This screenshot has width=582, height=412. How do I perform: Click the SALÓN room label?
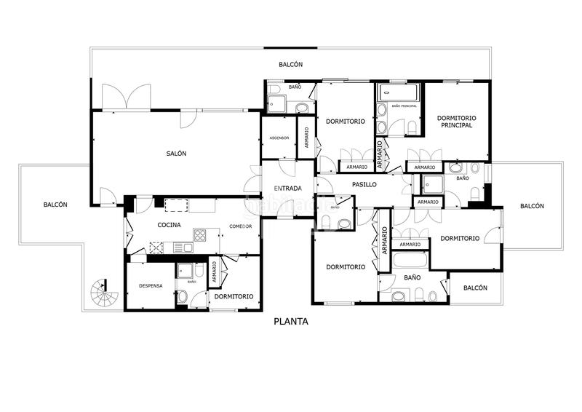click(176, 154)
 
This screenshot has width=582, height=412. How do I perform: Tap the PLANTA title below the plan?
click(291, 321)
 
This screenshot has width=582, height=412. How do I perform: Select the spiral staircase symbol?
click(104, 294)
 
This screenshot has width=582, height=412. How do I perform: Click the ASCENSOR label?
click(279, 138)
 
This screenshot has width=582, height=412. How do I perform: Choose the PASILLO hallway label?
click(364, 185)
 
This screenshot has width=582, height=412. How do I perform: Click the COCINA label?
click(169, 226)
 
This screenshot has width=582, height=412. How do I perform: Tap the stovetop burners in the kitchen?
click(201, 234)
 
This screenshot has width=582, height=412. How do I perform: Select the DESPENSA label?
click(151, 285)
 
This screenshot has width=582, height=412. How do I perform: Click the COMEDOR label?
click(240, 226)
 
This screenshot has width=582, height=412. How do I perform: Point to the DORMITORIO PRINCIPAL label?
click(456, 122)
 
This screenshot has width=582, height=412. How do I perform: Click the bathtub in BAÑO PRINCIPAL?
click(398, 92)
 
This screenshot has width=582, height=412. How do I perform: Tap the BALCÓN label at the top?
click(290, 65)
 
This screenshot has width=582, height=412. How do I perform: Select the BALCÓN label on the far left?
click(55, 205)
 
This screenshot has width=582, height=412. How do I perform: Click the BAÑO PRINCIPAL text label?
click(404, 107)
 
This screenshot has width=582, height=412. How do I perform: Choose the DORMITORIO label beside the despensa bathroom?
click(234, 296)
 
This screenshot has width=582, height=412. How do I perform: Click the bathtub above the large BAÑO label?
click(411, 260)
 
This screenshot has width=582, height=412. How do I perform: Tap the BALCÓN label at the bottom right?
click(475, 288)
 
